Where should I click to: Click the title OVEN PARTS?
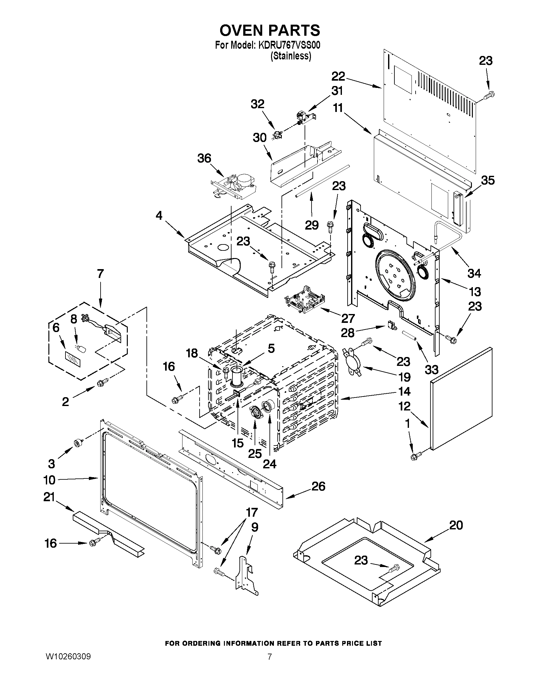click(x=269, y=30)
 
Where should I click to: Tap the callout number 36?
click(x=204, y=158)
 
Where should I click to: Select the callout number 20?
click(x=456, y=525)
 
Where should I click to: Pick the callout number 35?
click(x=488, y=180)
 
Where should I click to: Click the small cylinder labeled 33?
click(x=409, y=336)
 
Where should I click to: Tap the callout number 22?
click(x=338, y=76)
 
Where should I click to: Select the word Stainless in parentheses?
click(x=290, y=56)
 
